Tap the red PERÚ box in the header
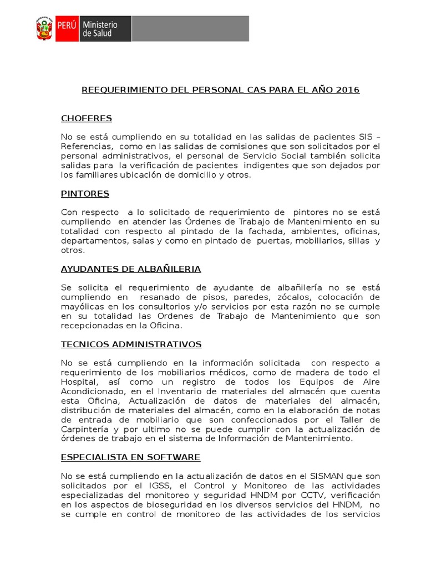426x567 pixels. point(65,29)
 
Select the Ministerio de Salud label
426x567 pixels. point(100,29)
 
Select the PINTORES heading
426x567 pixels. point(85,194)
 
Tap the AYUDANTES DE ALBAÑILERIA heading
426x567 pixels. point(130,269)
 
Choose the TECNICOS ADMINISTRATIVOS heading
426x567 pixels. point(131,344)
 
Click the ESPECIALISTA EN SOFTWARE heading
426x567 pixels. point(130,457)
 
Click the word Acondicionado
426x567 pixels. point(90,391)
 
